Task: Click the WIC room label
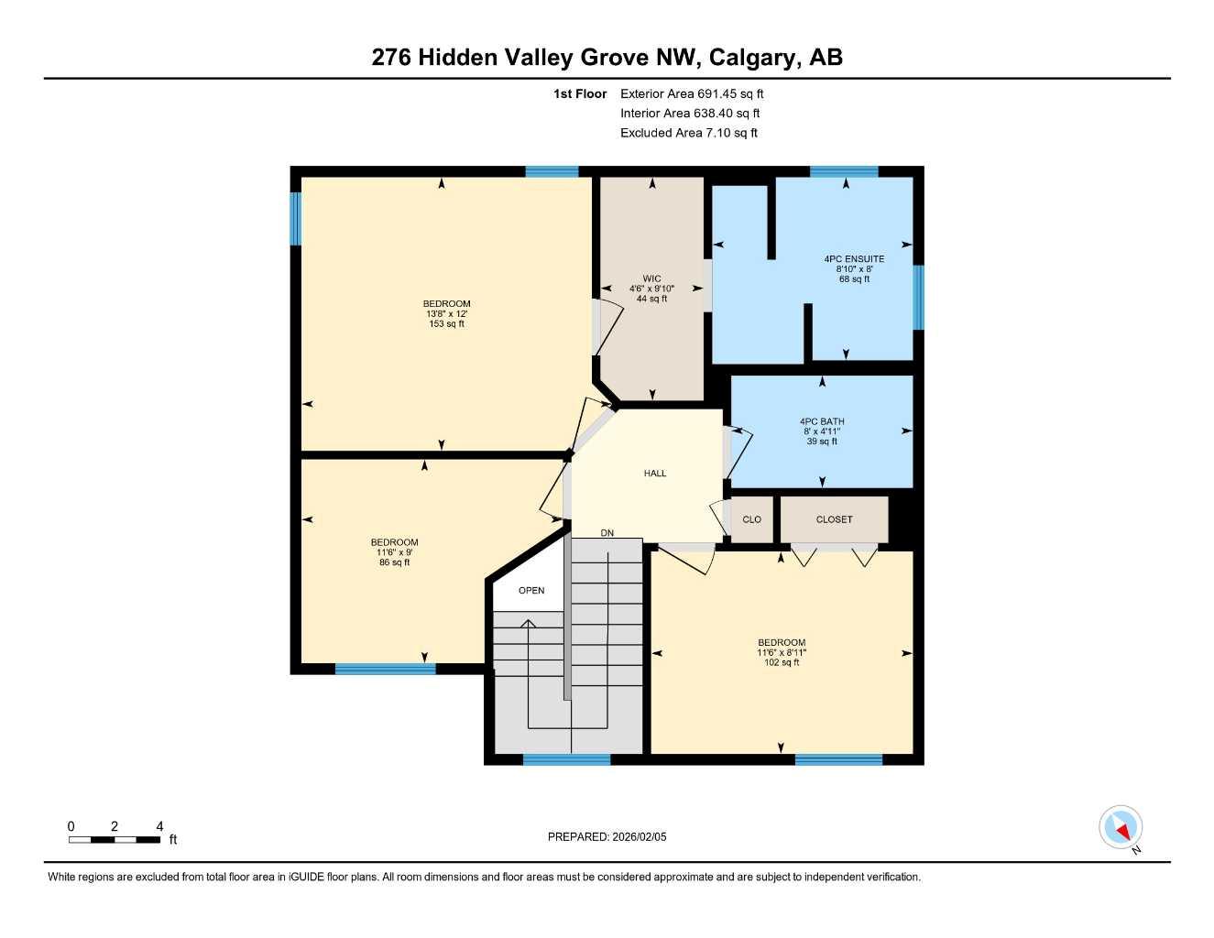coord(651,279)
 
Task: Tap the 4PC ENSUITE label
coord(854,259)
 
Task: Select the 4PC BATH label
coord(822,422)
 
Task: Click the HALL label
coord(655,474)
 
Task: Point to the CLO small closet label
coord(751,519)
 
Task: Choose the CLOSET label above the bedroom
coord(834,519)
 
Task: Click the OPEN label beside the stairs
coord(531,591)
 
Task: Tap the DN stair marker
coord(607,533)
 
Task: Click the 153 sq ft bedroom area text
coord(447,324)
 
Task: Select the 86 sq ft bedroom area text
coord(395,562)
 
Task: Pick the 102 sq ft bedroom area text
coord(782,662)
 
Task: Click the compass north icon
coord(1121,828)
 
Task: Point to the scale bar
coord(115,839)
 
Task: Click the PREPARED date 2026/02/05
coord(607,836)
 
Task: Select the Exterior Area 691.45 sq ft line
coord(692,93)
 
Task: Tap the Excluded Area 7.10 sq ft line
coord(689,133)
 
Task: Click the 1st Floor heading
coord(580,93)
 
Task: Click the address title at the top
coord(607,57)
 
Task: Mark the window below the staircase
coord(566,759)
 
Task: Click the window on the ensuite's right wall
coord(918,297)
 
